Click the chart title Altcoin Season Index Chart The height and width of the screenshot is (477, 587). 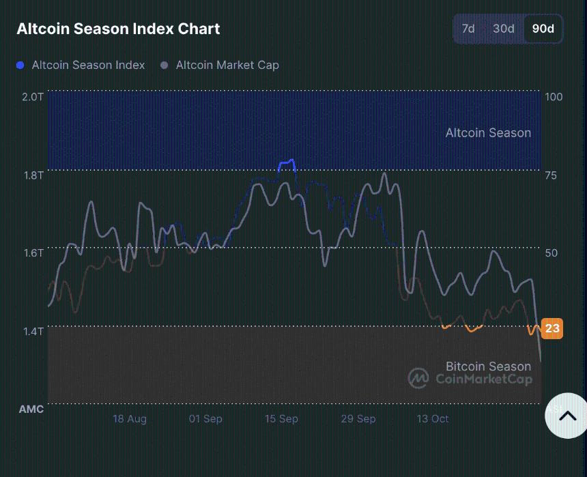[x=118, y=29]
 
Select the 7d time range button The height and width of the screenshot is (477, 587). [x=468, y=29]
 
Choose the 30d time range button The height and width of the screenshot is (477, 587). [x=504, y=29]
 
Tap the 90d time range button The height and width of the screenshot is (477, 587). [x=543, y=29]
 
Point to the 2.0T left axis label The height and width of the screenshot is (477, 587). [x=33, y=97]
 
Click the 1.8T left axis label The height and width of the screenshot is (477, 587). [x=33, y=175]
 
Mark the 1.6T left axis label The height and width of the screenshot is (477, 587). [x=33, y=252]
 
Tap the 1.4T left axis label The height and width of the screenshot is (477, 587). [x=33, y=331]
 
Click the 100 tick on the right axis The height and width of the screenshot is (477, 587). [x=554, y=97]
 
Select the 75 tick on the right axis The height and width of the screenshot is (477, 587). [x=551, y=175]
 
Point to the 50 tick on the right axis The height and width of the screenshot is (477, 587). [x=551, y=252]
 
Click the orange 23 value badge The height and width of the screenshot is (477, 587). [x=552, y=328]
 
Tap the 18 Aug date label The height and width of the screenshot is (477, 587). [x=130, y=418]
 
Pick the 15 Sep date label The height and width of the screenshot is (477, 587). [x=281, y=418]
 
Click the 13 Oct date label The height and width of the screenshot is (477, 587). [x=433, y=418]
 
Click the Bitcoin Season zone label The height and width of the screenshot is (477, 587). [x=488, y=366]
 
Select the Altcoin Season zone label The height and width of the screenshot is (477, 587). [x=488, y=132]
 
